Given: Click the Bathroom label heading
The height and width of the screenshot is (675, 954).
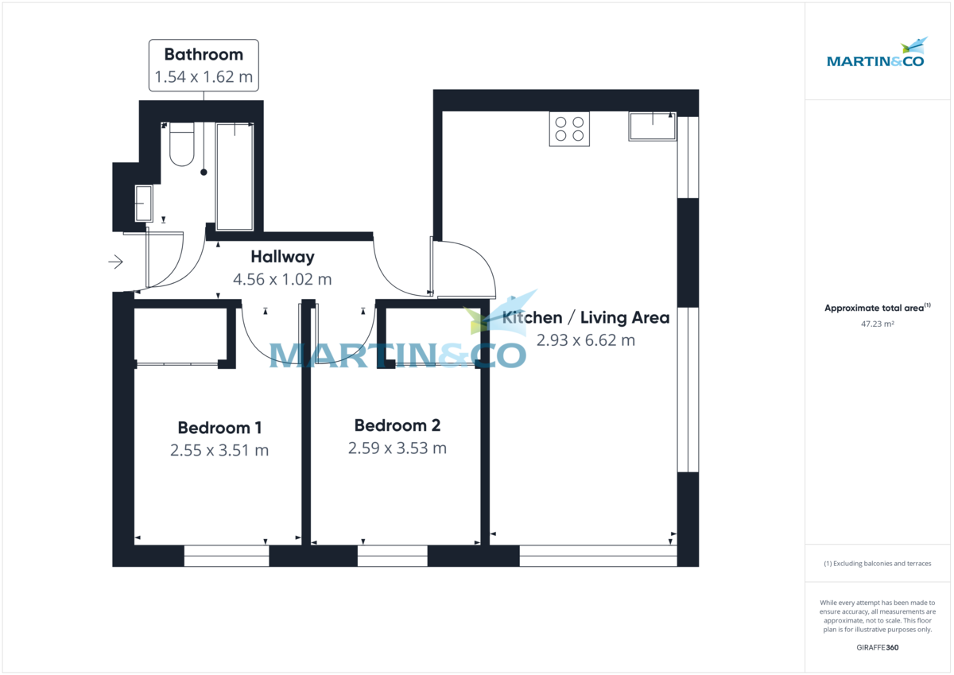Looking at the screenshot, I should [204, 54].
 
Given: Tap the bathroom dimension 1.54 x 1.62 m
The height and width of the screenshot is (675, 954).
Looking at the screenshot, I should [204, 78].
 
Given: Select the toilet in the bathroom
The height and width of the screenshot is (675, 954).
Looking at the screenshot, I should [182, 145].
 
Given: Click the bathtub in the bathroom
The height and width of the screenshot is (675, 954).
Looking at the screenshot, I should [235, 177].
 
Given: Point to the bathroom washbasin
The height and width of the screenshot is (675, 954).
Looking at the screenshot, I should [144, 204].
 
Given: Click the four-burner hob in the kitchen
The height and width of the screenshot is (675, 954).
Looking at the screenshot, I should [569, 129].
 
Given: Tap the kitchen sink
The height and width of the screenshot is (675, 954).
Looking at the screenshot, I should [652, 126].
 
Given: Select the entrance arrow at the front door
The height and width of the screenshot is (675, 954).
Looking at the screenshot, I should [116, 261].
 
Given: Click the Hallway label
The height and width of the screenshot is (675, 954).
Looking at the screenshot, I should [282, 257].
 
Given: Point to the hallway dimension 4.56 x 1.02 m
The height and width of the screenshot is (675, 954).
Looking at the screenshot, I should [282, 279].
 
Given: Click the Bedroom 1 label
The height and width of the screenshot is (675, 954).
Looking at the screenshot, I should [219, 428].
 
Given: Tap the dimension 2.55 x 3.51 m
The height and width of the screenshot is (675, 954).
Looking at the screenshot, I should [219, 450].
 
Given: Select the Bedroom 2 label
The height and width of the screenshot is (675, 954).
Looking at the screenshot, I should [397, 425].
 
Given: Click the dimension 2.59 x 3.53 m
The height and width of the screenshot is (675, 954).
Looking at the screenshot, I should [397, 448].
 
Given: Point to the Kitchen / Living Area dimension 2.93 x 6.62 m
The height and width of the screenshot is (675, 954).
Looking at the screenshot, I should [586, 340].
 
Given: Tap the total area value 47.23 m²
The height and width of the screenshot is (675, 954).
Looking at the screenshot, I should [877, 324].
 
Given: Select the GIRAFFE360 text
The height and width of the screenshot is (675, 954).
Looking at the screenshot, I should [877, 648].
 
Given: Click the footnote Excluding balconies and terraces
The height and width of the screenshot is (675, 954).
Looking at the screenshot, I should [877, 564].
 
